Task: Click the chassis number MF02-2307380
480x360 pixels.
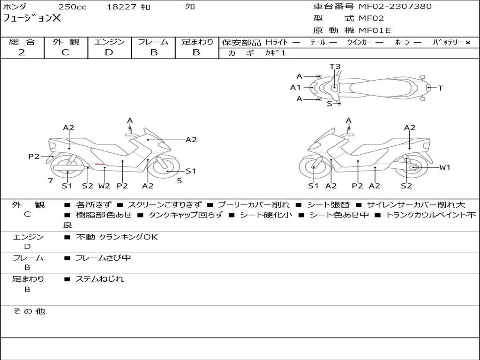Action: pos(395,7)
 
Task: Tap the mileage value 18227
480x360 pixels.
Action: pos(119,7)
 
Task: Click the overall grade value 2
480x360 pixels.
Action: pos(22,52)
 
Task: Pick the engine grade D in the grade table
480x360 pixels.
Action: pos(109,52)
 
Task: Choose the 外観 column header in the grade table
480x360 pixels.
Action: pos(66,42)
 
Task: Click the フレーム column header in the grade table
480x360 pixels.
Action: pos(153,42)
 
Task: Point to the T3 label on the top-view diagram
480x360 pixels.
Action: pos(335,67)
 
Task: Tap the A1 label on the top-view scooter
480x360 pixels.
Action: pos(295,87)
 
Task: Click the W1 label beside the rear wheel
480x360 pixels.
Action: pos(444,167)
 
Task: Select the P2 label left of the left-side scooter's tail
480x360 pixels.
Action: pos(34,157)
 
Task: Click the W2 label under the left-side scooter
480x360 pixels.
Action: pos(104,186)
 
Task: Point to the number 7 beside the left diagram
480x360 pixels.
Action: pos(50,180)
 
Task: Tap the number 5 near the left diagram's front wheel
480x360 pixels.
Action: pos(179,180)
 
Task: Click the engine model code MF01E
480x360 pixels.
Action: pos(375,31)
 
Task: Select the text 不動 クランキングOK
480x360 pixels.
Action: pos(117,237)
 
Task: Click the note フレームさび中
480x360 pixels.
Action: pos(103,258)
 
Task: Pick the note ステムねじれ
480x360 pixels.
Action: pos(100,279)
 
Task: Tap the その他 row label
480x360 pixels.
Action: pos(29,311)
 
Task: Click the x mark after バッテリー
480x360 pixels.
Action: pos(467,43)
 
